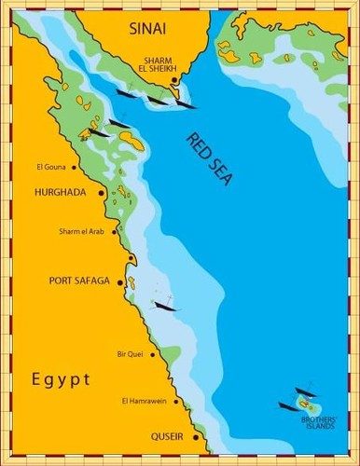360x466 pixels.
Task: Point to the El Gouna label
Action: click(51, 168)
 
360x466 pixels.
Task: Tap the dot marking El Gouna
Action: click(74, 168)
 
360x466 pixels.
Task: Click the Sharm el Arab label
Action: click(82, 231)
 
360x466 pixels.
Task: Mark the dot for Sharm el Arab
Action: click(116, 232)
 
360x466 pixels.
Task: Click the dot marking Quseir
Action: click(195, 436)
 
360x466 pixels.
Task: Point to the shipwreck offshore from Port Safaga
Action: click(165, 305)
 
